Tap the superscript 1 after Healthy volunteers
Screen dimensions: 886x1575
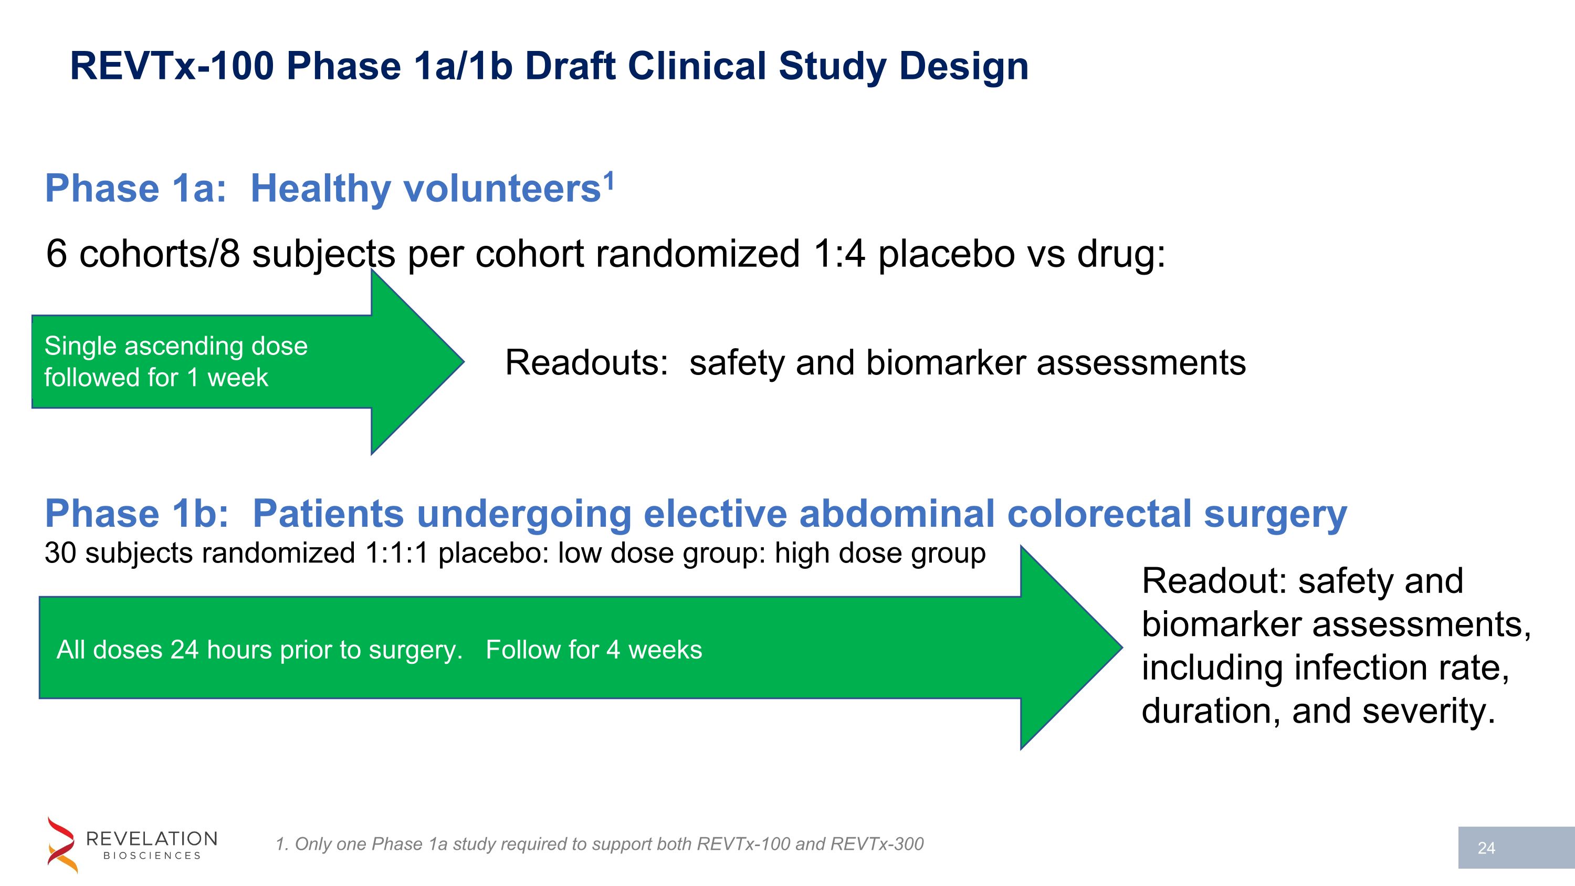click(x=608, y=180)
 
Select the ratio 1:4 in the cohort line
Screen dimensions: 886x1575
click(x=839, y=253)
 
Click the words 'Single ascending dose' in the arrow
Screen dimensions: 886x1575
click(x=176, y=346)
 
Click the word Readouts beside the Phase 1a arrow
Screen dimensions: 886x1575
click(x=586, y=362)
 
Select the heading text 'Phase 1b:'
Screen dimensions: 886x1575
click(x=136, y=513)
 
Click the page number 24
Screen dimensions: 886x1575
click(x=1486, y=848)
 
